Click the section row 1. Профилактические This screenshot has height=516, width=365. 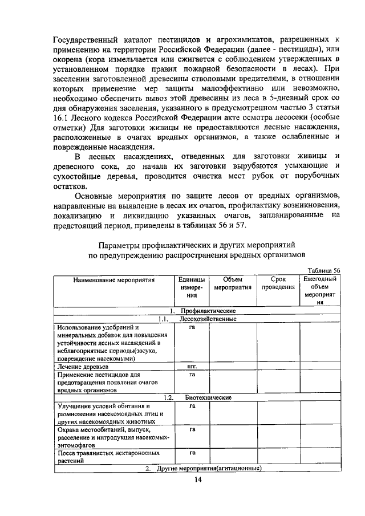[x=199, y=311]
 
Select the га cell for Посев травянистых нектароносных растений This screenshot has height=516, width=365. [x=192, y=453]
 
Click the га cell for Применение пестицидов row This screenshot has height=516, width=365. [x=192, y=375]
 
